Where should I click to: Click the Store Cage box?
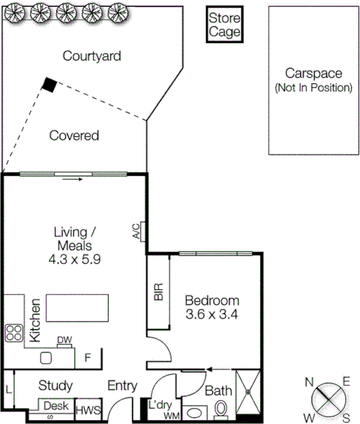(224, 25)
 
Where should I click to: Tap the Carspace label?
(313, 73)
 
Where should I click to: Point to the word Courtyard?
(91, 56)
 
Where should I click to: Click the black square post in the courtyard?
(49, 84)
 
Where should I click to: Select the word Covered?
(75, 136)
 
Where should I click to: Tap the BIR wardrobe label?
(159, 293)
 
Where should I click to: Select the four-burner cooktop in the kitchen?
(14, 333)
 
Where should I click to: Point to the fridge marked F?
(87, 358)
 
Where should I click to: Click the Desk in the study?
(56, 406)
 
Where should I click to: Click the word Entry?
(122, 386)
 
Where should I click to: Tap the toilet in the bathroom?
(220, 407)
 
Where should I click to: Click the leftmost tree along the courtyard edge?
(15, 11)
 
